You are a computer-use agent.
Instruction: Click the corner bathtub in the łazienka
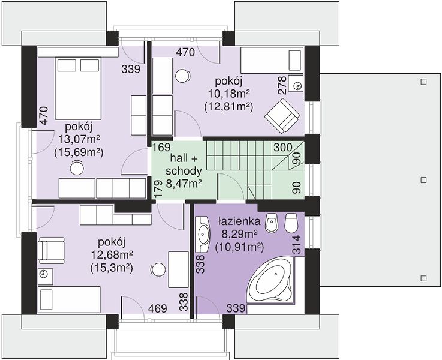(x=271, y=282)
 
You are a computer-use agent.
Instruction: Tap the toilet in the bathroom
(x=291, y=223)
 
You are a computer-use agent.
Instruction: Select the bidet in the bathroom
(x=272, y=223)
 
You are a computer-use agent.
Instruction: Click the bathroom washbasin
(x=203, y=234)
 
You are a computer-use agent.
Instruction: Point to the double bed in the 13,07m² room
(x=78, y=89)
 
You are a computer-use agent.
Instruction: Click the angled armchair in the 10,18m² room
(x=282, y=116)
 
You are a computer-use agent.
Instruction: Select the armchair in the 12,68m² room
(x=51, y=249)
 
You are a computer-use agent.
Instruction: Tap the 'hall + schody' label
(x=184, y=164)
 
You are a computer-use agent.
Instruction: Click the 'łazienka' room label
(x=239, y=221)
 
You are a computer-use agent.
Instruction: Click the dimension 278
(x=282, y=85)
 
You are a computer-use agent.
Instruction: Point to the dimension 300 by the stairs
(x=283, y=148)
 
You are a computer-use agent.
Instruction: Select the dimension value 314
(x=297, y=245)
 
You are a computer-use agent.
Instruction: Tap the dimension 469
(x=158, y=308)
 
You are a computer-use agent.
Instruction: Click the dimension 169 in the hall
(x=161, y=148)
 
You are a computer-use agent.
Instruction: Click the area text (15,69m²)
(x=79, y=152)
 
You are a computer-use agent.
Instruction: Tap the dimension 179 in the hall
(x=158, y=188)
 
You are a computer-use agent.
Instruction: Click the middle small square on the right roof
(x=423, y=180)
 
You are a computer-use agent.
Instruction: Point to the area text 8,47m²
(x=184, y=184)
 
